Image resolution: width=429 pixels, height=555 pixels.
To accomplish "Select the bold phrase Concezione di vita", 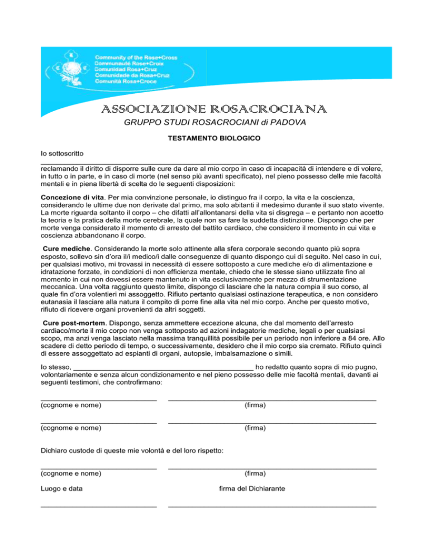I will [74, 198].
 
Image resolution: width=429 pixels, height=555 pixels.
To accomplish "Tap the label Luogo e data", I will [63, 489].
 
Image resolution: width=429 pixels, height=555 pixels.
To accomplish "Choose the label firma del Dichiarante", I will [252, 489].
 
